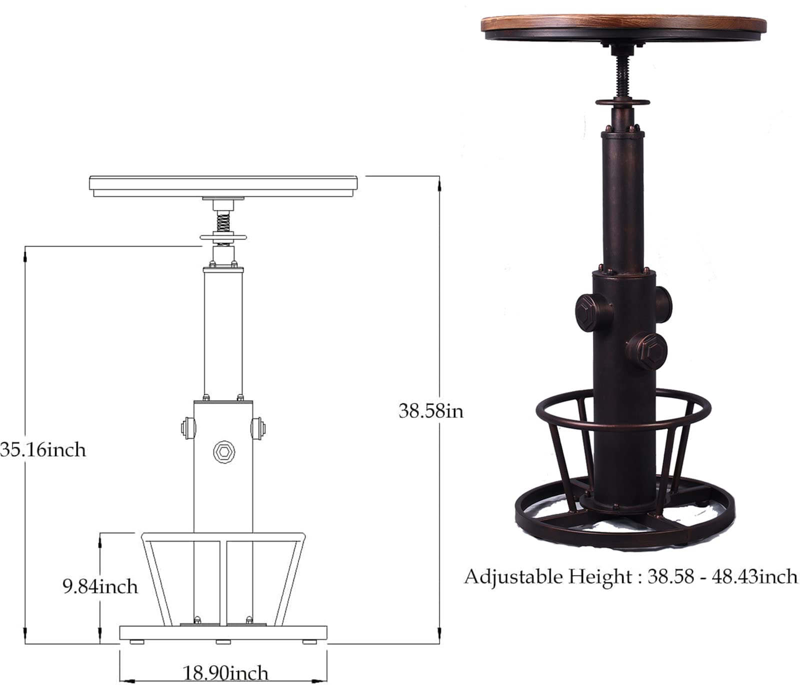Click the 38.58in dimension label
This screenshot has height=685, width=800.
pyautogui.click(x=431, y=411)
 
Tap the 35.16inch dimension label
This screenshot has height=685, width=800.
pyautogui.click(x=43, y=450)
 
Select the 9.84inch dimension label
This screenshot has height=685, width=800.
pyautogui.click(x=100, y=586)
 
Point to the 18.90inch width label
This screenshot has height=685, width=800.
pyautogui.click(x=225, y=673)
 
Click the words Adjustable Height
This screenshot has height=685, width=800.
pyautogui.click(x=548, y=577)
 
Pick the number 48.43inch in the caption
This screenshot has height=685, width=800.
pyautogui.click(x=752, y=577)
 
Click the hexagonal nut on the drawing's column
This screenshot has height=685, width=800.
pyautogui.click(x=223, y=452)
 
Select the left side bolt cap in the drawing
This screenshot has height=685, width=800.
pyautogui.click(x=188, y=428)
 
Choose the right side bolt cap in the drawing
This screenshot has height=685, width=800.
pyautogui.click(x=258, y=428)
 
